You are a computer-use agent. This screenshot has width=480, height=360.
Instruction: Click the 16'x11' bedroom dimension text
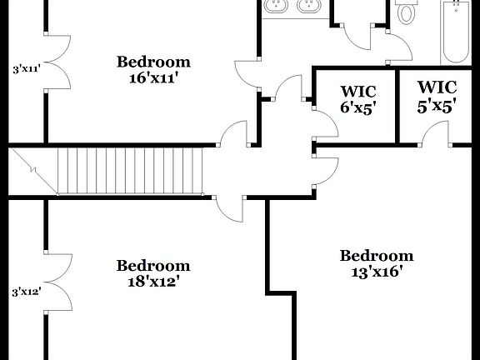click(x=152, y=78)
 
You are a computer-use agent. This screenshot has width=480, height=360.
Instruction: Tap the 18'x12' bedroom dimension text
click(x=152, y=282)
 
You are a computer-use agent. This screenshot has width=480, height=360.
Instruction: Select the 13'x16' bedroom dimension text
click(x=377, y=272)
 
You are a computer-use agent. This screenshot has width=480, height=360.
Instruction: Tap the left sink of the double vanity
click(x=276, y=7)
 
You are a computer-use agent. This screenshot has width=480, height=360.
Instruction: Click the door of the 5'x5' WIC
click(x=436, y=133)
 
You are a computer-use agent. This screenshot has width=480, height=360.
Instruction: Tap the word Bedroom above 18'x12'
click(x=152, y=266)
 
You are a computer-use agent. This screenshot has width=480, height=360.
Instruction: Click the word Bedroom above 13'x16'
click(x=377, y=256)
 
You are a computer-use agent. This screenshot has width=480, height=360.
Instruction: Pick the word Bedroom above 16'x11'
click(x=152, y=62)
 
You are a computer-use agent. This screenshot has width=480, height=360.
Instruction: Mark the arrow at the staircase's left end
click(x=33, y=172)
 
